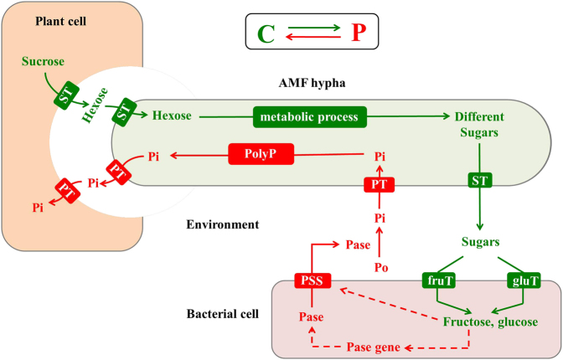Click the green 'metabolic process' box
click(x=310, y=116)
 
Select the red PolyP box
click(x=261, y=154)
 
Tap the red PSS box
click(x=312, y=280)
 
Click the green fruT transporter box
click(x=439, y=280)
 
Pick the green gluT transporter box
click(x=524, y=280)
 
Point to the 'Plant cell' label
click(x=60, y=21)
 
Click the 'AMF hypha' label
click(x=312, y=83)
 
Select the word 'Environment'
click(x=222, y=224)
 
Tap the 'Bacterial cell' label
click(x=222, y=314)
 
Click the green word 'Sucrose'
click(x=43, y=61)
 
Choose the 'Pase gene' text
click(x=373, y=347)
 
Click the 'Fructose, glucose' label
click(x=490, y=322)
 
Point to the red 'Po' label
click(x=381, y=267)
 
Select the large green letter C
click(x=266, y=34)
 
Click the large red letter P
click(x=359, y=32)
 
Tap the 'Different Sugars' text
click(x=479, y=125)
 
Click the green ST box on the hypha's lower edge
click(x=480, y=180)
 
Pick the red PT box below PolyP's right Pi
click(x=380, y=184)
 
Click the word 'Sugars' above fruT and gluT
click(x=480, y=242)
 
